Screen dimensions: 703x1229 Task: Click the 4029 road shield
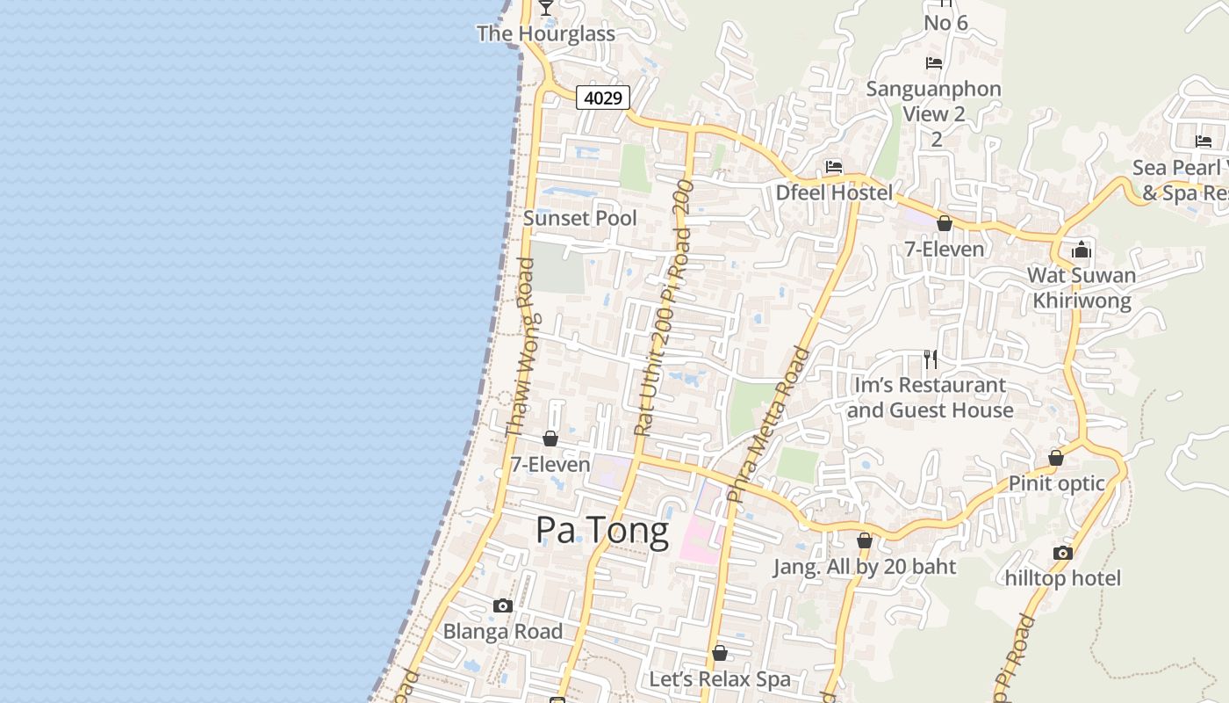[x=604, y=98]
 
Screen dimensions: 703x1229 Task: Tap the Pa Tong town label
[x=602, y=531]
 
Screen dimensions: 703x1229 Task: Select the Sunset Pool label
[x=579, y=218]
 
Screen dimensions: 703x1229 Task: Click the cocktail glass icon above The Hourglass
[x=546, y=7]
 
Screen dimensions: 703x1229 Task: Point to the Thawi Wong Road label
[x=520, y=347]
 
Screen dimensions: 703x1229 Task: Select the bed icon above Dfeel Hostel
[x=834, y=166]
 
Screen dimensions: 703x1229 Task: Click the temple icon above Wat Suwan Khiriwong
[x=1082, y=250]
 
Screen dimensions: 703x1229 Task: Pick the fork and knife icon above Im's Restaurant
[x=931, y=359]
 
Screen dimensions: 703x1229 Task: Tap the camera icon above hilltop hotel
[x=1063, y=553]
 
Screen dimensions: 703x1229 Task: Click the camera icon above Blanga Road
[x=503, y=605]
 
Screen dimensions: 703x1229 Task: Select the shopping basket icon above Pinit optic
[x=1056, y=458]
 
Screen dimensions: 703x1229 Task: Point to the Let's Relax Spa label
[x=720, y=679]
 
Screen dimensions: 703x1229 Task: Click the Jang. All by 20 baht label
[x=865, y=567]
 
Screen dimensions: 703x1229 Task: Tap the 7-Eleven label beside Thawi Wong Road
[x=550, y=464]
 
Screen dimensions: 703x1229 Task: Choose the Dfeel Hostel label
[x=834, y=192]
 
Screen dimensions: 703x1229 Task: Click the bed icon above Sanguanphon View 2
[x=934, y=63]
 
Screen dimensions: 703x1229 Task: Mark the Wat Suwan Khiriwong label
[x=1082, y=287]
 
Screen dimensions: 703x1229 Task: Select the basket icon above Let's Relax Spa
[x=720, y=653]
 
